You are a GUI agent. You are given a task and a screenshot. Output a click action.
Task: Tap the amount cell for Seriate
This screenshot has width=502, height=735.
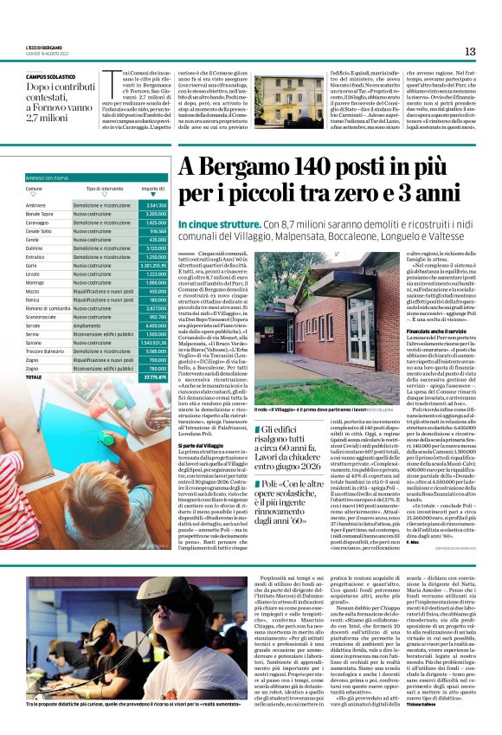pyautogui.click(x=153, y=326)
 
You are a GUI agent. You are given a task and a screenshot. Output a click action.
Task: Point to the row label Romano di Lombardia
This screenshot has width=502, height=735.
pyautogui.click(x=48, y=307)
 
